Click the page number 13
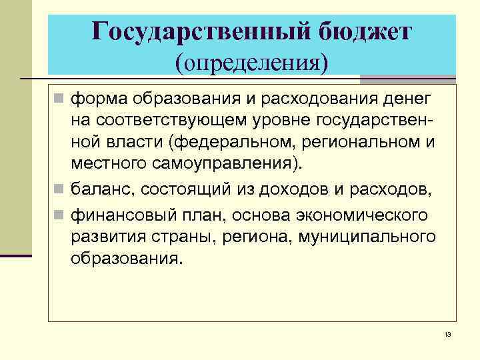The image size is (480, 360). [447, 334]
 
